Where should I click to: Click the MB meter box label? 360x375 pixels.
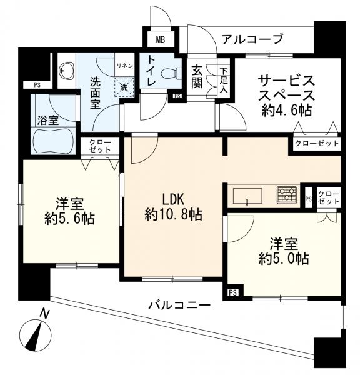161,40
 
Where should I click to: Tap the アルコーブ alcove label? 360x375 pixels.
252,39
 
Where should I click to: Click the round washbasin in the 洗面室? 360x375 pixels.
66,70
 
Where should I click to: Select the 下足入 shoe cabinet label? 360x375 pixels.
223,76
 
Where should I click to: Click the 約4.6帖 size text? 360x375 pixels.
287,111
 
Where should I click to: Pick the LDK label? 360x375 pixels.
173,199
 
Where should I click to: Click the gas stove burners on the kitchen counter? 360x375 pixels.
288,194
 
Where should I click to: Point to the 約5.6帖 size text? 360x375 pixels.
70,219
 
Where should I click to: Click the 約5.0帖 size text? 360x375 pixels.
284,257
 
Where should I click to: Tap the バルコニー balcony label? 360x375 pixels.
179,305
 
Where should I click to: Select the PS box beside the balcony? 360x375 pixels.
232,292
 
